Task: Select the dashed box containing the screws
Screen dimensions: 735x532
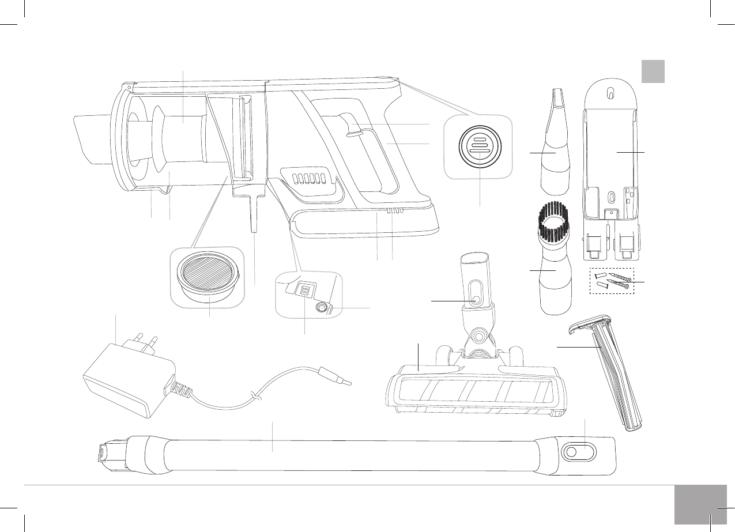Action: (x=612, y=280)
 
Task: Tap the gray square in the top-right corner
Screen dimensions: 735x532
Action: (x=653, y=71)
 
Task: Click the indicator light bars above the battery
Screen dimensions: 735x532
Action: (x=394, y=211)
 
